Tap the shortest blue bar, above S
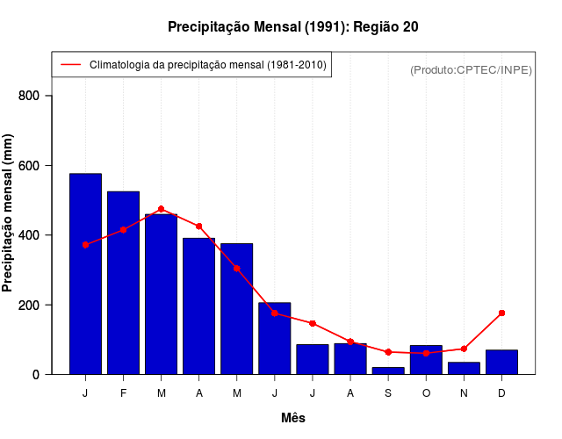tap(388, 371)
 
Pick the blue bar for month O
tap(426, 360)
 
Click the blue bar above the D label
tap(501, 362)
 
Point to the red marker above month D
tap(501, 313)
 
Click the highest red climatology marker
tap(161, 209)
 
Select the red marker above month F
tap(123, 230)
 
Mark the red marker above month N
tap(464, 349)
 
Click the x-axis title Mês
tap(293, 418)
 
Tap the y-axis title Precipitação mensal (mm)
tap(9, 212)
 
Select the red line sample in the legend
tap(71, 65)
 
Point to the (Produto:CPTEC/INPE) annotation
tap(471, 69)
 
